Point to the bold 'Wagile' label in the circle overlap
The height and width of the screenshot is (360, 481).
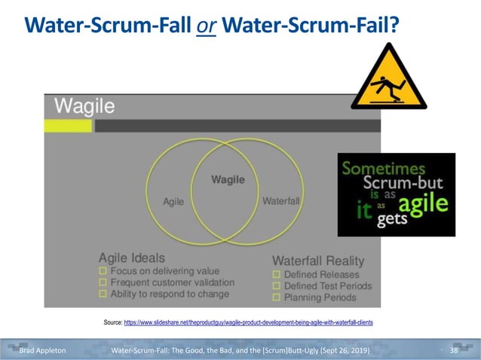[227, 180]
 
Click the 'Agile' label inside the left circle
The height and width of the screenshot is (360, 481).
[173, 202]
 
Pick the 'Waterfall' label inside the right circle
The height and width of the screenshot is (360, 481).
[280, 202]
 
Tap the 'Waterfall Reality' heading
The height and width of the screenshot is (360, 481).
[317, 261]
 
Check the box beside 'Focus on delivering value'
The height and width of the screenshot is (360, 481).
[104, 271]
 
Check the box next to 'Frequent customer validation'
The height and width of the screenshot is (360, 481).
[104, 283]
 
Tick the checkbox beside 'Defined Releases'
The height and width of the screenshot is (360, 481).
[277, 275]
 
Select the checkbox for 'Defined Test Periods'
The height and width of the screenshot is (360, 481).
[277, 286]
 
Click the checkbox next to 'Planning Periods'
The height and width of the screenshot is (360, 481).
[277, 298]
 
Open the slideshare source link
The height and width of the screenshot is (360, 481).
[248, 322]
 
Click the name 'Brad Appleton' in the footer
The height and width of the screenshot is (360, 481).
[42, 351]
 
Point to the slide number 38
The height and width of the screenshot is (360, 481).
[454, 351]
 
